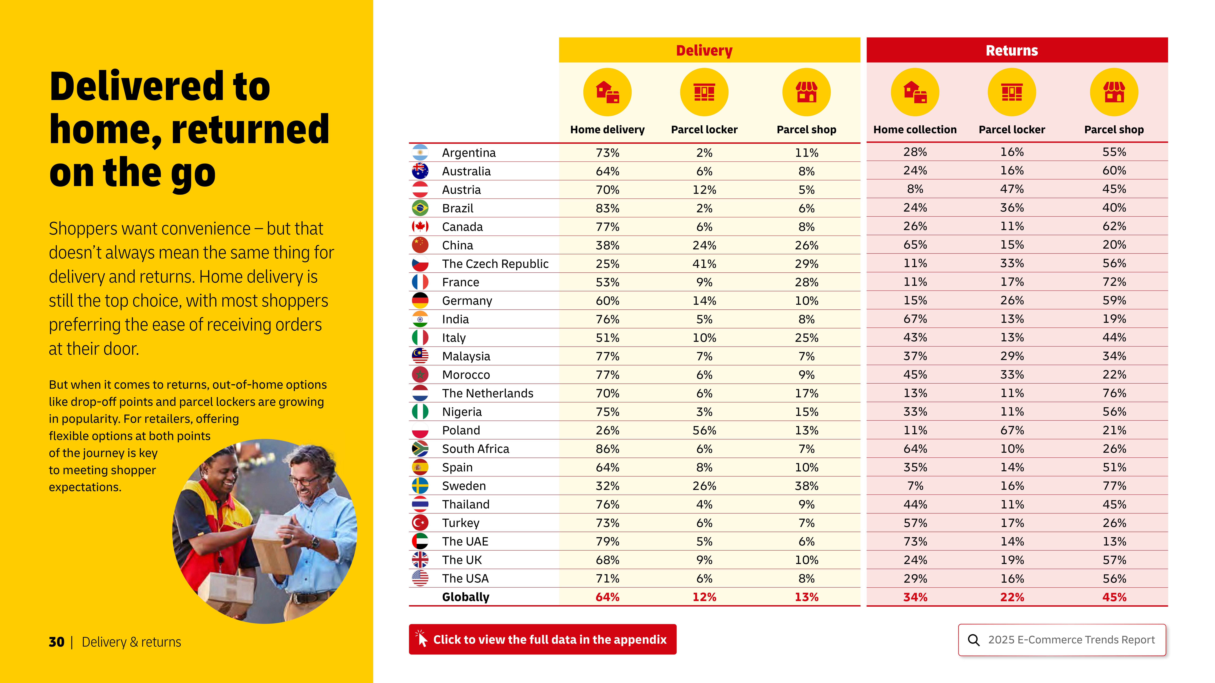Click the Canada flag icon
pyautogui.click(x=420, y=227)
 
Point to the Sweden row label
pyautogui.click(x=464, y=486)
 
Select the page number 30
pyautogui.click(x=56, y=642)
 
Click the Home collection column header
pyautogui.click(x=915, y=130)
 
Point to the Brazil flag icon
pyautogui.click(x=420, y=208)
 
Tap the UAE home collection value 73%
pyautogui.click(x=915, y=542)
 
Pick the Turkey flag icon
pyautogui.click(x=420, y=523)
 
